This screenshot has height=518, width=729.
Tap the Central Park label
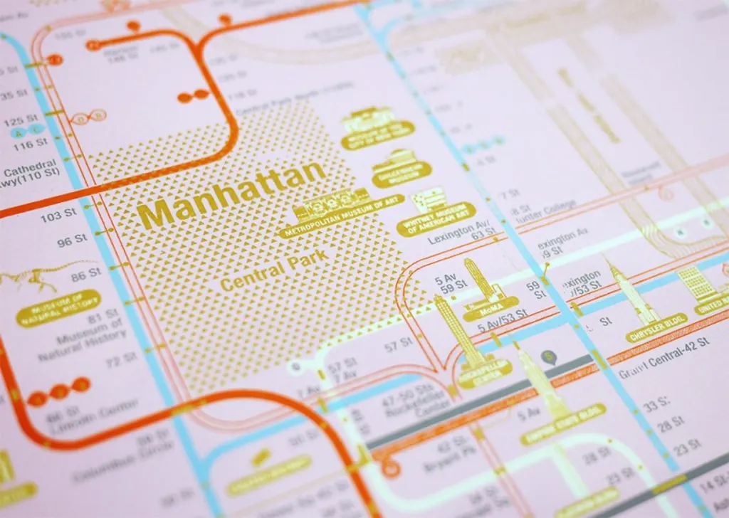pyautogui.click(x=273, y=270)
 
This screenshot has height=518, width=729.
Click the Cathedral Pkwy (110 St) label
pyautogui.click(x=28, y=177)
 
